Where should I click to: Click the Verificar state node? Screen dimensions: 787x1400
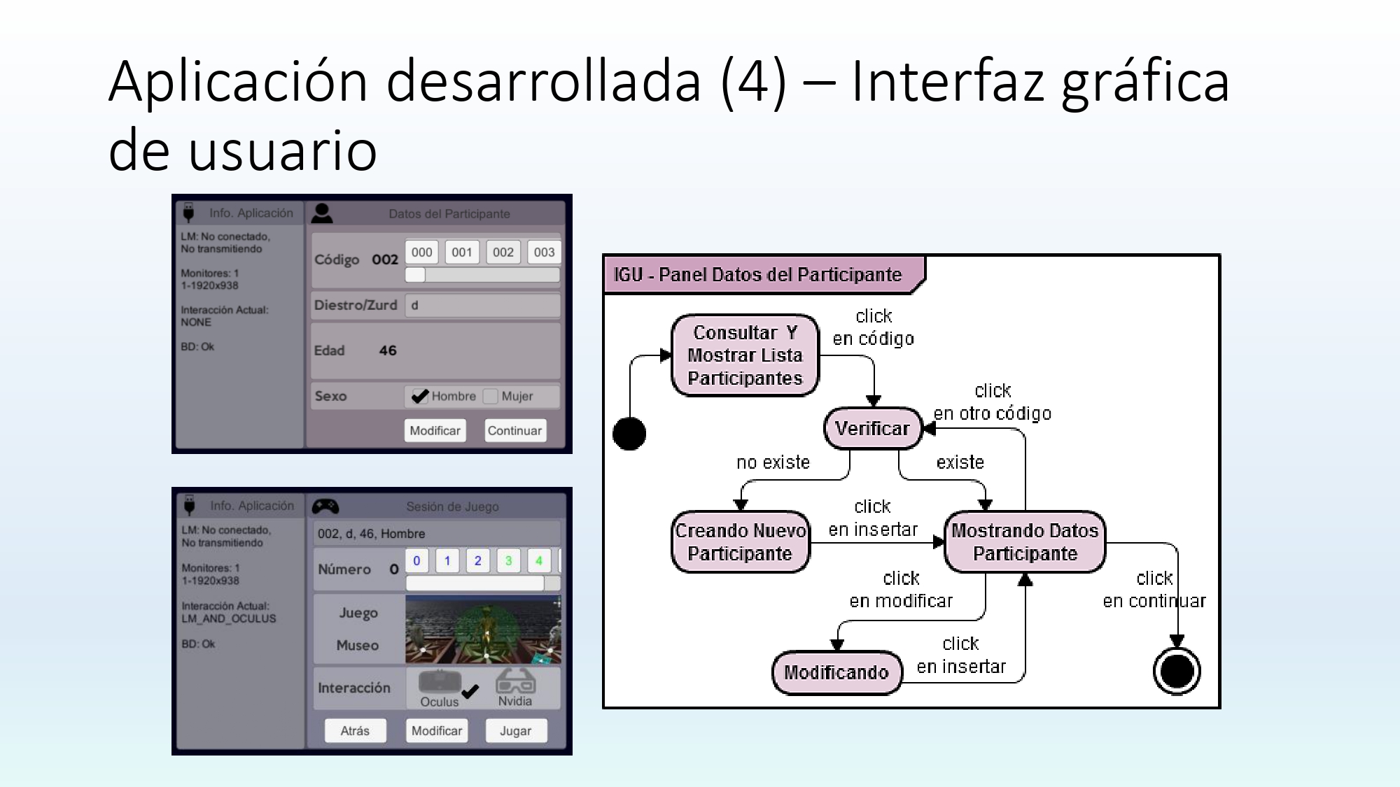click(872, 428)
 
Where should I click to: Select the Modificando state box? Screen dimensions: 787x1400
click(836, 672)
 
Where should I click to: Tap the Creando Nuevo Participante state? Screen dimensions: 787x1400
click(740, 542)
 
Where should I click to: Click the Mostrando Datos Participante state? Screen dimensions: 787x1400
click(1025, 542)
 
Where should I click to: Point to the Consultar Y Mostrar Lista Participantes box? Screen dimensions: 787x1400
click(745, 355)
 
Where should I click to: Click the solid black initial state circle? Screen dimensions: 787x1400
click(629, 434)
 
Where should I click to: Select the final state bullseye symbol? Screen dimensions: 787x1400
click(1177, 671)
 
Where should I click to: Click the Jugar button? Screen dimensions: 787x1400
click(515, 731)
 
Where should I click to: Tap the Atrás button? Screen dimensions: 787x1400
click(355, 731)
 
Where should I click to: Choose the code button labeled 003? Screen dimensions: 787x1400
click(544, 253)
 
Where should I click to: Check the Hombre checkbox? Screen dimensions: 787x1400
click(419, 397)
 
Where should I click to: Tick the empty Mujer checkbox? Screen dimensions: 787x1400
click(491, 397)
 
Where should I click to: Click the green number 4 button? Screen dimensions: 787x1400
click(538, 561)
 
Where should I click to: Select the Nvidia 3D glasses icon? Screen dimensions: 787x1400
click(515, 682)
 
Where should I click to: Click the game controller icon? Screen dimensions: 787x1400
click(325, 506)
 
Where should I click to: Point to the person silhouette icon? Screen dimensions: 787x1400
click(322, 213)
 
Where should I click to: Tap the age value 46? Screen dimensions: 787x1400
click(388, 350)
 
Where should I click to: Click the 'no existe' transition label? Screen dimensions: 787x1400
click(773, 462)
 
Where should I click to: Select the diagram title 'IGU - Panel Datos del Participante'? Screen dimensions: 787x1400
click(757, 275)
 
